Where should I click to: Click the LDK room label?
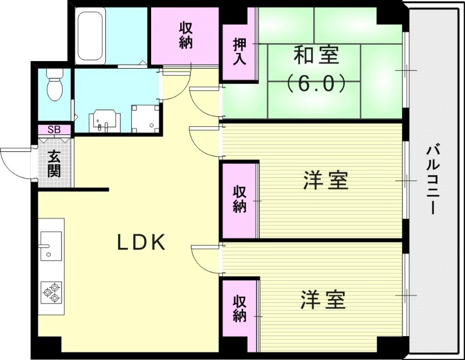coord(142,243)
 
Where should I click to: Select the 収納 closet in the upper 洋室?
coord(239,199)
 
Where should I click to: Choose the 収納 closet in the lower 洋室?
coord(239,308)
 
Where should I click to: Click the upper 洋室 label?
coord(325,180)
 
